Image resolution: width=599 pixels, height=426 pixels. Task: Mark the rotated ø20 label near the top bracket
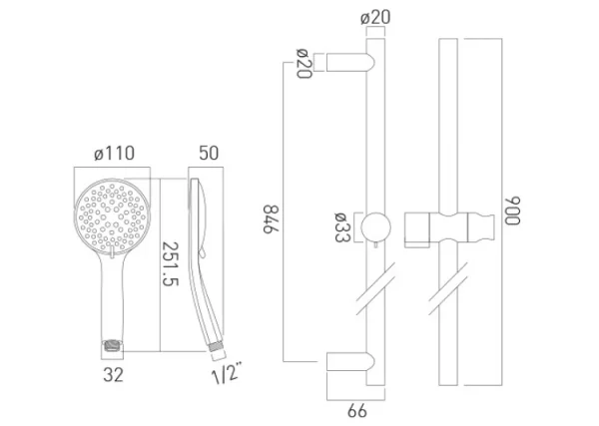click(300, 66)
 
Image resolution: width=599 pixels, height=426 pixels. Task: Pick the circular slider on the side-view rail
click(375, 226)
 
